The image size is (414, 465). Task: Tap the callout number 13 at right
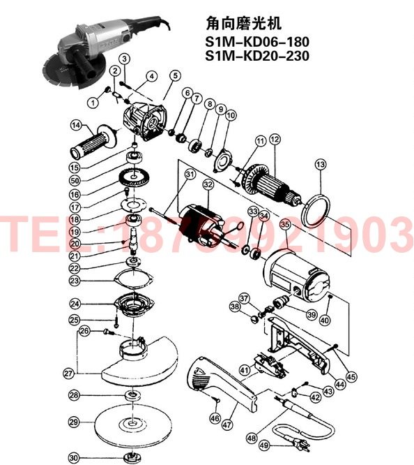pyautogui.click(x=320, y=164)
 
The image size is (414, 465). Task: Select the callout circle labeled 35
pyautogui.click(x=284, y=225)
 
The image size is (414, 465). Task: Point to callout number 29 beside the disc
pyautogui.click(x=74, y=422)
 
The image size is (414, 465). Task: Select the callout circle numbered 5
pyautogui.click(x=174, y=75)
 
